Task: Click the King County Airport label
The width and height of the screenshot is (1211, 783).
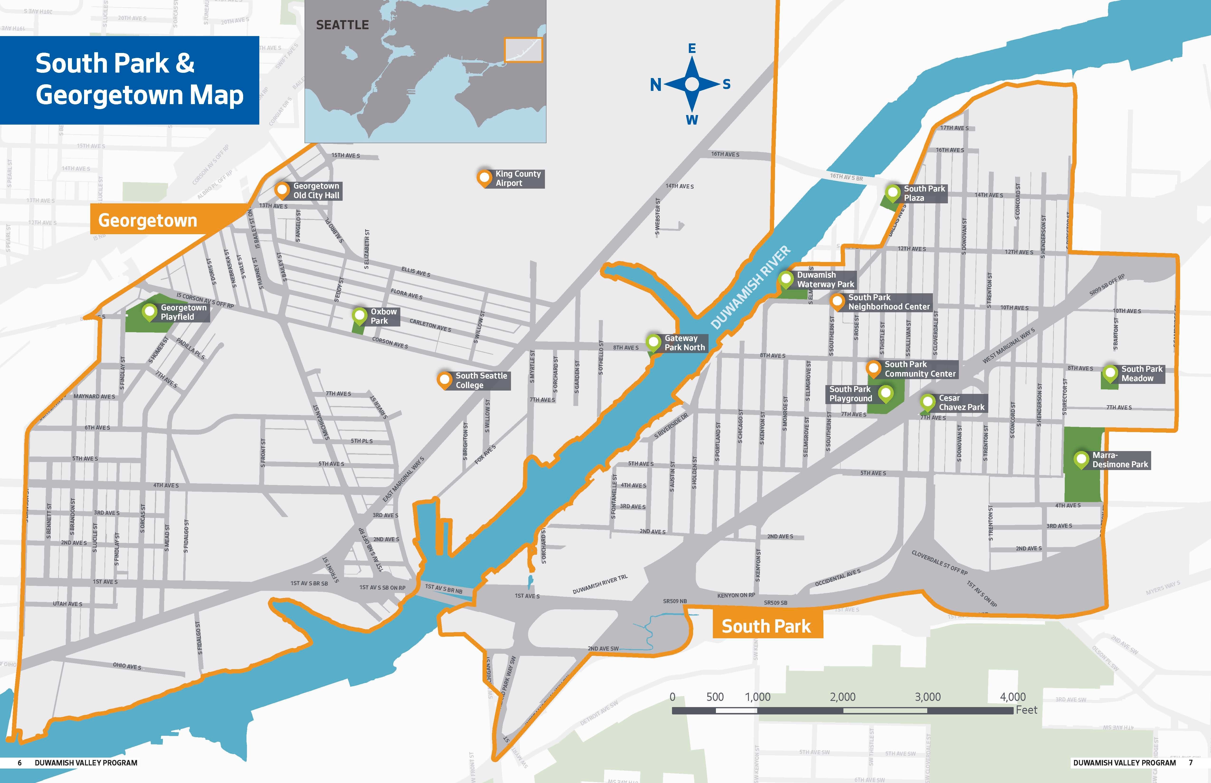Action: coord(518,178)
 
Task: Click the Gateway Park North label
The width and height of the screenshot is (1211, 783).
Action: coord(684,343)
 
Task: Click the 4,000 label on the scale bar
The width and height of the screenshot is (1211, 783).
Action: coord(1012,697)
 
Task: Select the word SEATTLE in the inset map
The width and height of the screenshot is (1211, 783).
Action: coord(342,25)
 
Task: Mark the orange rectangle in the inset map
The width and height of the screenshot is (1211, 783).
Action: coord(523,50)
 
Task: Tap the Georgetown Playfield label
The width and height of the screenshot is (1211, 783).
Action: coord(183,312)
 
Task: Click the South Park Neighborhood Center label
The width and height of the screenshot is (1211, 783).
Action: coord(888,302)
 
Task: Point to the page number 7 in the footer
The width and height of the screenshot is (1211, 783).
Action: coord(1191,763)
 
